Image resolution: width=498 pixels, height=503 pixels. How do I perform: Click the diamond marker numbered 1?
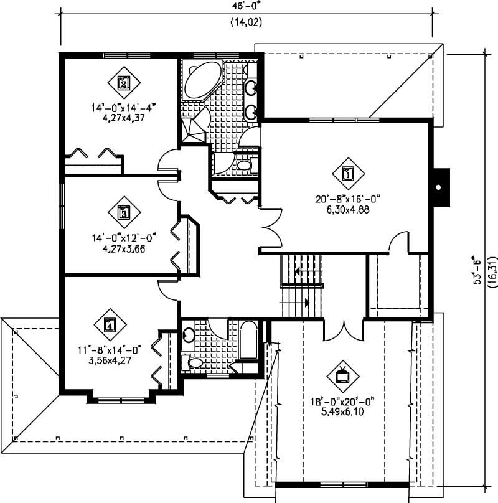pos(347,174)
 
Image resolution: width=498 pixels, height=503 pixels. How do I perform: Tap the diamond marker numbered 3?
pos(123,213)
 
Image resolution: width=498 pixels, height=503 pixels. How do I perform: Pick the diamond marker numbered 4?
pos(110,324)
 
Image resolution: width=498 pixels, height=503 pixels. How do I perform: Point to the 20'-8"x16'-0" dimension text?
pos(347,199)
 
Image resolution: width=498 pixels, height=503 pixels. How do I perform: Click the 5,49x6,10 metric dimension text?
pos(342,412)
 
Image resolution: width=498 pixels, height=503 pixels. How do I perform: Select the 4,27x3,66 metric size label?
pos(123,249)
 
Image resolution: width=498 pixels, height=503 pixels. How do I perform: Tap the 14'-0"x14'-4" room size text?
pos(121,107)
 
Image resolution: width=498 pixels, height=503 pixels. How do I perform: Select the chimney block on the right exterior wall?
pos(441,187)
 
